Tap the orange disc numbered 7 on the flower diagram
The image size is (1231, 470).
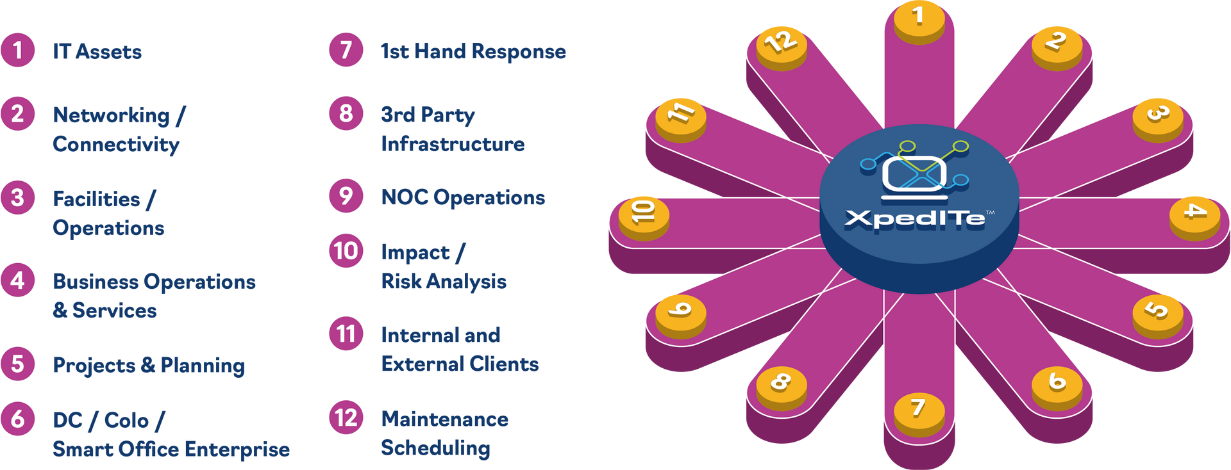(919, 410)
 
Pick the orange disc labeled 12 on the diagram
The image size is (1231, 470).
(781, 44)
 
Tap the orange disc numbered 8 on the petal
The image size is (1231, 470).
(780, 384)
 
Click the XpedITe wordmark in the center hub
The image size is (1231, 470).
(915, 219)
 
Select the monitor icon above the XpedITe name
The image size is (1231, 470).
(914, 174)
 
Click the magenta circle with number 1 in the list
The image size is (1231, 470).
(18, 50)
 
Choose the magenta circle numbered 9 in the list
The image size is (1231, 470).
(346, 195)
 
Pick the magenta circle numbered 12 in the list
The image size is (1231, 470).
(346, 417)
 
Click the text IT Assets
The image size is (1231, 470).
(97, 51)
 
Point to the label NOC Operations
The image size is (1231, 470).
(463, 197)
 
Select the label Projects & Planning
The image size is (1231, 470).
(149, 366)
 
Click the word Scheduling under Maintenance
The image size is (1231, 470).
(436, 448)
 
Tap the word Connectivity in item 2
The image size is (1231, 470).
(116, 144)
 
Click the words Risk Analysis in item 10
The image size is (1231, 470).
(444, 281)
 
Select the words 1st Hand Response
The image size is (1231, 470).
(473, 51)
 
